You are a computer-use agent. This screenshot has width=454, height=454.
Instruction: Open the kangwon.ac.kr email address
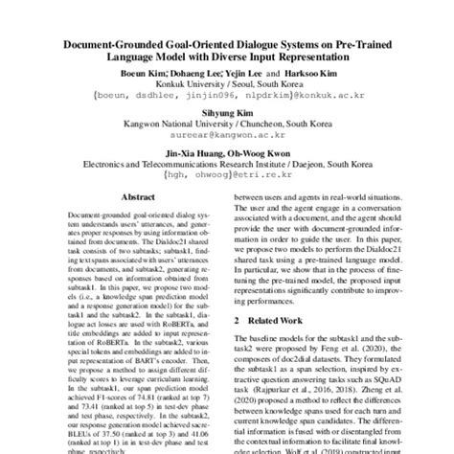[x=226, y=136]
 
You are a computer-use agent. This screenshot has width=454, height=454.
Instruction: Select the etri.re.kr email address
[x=226, y=177]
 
